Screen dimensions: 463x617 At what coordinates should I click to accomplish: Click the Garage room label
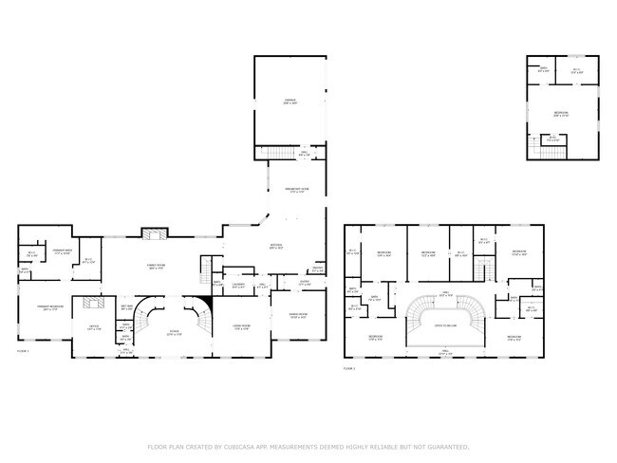(290, 101)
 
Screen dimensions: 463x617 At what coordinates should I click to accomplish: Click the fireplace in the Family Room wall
(155, 232)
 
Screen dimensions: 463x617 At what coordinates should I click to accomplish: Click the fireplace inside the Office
(94, 304)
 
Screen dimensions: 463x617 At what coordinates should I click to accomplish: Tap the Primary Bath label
(63, 253)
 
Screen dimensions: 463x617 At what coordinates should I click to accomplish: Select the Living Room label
(240, 328)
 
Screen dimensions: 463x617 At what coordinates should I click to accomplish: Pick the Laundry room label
(240, 286)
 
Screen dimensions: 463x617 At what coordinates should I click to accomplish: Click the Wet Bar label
(127, 306)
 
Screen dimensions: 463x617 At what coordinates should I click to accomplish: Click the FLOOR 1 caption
(23, 351)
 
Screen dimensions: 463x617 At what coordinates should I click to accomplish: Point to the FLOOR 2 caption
(348, 367)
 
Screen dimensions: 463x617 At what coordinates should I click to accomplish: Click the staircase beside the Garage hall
(274, 154)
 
